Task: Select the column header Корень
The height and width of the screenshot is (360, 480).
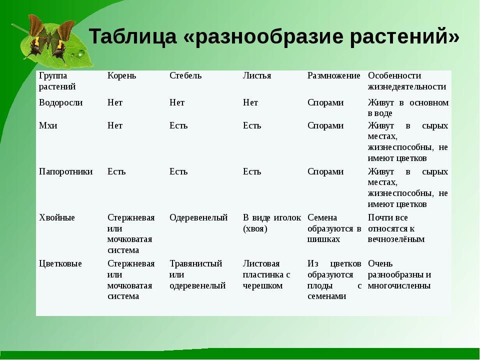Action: (x=122, y=75)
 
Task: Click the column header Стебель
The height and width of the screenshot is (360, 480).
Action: (x=185, y=75)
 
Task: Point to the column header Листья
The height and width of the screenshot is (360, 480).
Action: (x=257, y=75)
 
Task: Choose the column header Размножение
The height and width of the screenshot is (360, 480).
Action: (x=333, y=75)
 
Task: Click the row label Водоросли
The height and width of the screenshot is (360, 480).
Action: (x=60, y=102)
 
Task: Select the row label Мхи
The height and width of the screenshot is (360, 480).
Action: (x=48, y=125)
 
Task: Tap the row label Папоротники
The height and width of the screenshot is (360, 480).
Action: (x=65, y=171)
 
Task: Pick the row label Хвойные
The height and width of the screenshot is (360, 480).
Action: (x=56, y=217)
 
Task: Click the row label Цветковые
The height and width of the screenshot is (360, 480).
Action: (x=60, y=263)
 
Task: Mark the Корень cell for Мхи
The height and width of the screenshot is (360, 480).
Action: (x=115, y=125)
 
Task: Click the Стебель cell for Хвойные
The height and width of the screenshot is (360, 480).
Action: (x=198, y=217)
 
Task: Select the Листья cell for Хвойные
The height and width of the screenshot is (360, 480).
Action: (x=272, y=223)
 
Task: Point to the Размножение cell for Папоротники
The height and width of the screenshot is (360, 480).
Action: (x=325, y=171)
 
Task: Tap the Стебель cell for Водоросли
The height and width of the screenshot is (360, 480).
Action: (x=177, y=102)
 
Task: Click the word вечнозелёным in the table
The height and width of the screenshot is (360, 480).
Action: (x=396, y=239)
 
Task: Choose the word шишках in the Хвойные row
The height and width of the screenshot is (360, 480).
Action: (x=323, y=239)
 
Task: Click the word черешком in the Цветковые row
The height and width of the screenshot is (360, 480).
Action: (x=262, y=285)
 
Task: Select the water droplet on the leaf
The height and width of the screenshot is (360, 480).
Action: (x=81, y=53)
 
